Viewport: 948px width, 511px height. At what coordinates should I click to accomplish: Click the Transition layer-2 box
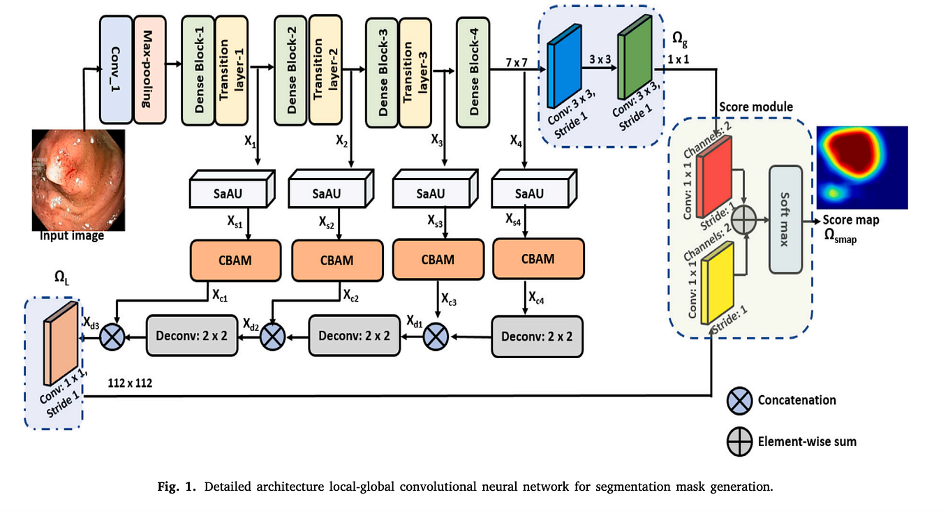coord(324,70)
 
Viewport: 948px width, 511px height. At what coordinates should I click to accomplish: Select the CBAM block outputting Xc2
coord(337,260)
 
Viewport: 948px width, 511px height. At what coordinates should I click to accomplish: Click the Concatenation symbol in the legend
coord(739,401)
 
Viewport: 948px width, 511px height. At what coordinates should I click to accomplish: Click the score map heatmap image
coord(862,168)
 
